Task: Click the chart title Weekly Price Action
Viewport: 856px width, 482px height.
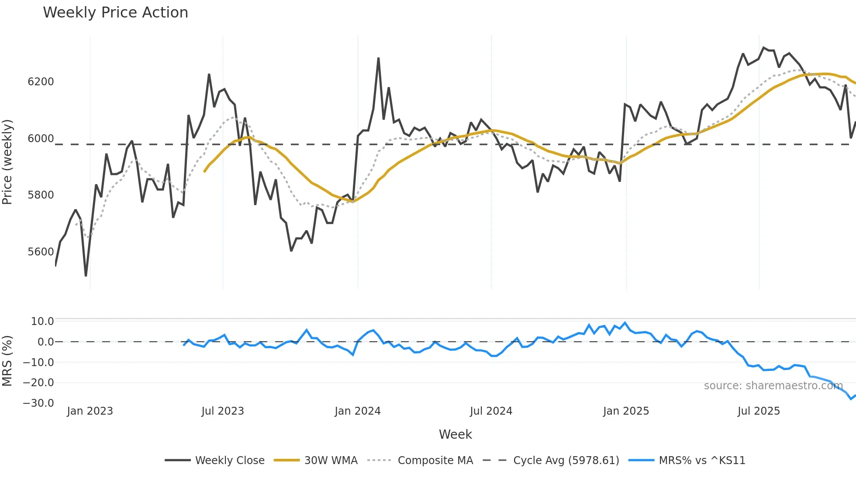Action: [115, 13]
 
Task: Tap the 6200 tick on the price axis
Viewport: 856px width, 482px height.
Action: [41, 82]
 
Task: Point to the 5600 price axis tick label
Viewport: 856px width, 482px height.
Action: [41, 252]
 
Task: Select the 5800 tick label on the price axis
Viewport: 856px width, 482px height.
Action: [41, 195]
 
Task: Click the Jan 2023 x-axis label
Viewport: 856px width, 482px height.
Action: [90, 411]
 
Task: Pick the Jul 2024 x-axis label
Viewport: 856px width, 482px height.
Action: [491, 411]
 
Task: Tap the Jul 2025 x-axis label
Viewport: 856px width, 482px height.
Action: [759, 411]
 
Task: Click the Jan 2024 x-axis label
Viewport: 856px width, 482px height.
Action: [358, 411]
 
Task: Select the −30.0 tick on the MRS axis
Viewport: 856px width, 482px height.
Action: [38, 403]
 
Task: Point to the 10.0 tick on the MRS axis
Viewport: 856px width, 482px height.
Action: [42, 321]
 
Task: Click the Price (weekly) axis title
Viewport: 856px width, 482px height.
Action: [7, 162]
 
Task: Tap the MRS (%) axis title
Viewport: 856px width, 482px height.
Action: [7, 361]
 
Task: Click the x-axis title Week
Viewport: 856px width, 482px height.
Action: [455, 434]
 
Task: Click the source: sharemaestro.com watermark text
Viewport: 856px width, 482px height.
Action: [773, 386]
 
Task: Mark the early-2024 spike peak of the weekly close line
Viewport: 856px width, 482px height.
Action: [378, 58]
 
